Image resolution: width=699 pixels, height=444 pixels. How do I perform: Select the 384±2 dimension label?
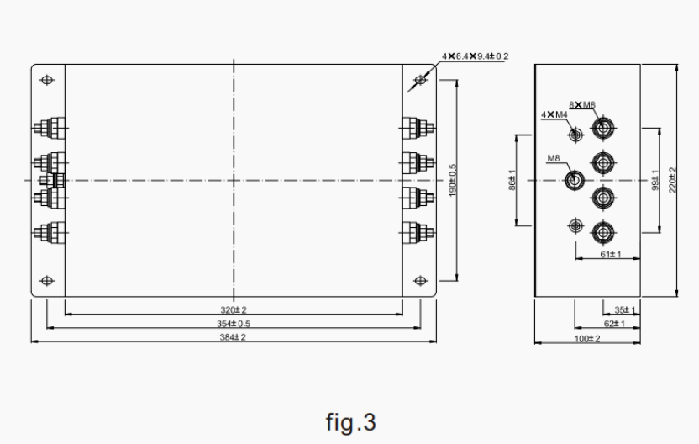pyautogui.click(x=234, y=337)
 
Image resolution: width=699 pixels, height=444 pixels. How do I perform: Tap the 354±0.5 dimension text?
pyautogui.click(x=234, y=323)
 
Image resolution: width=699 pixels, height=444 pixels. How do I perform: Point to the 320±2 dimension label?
pyautogui.click(x=234, y=309)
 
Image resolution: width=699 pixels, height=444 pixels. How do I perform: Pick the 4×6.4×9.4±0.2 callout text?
pyautogui.click(x=476, y=56)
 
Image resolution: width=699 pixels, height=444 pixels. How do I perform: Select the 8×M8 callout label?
pyautogui.click(x=582, y=104)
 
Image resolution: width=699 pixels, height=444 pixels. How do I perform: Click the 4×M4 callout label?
pyautogui.click(x=554, y=114)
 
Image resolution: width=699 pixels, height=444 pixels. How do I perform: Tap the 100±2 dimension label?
pyautogui.click(x=587, y=338)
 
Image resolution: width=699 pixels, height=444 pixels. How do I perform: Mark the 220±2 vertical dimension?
pyautogui.click(x=673, y=180)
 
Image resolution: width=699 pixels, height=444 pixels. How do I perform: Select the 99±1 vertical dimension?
pyautogui.click(x=655, y=180)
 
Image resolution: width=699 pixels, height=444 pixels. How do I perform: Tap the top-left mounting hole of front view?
pyautogui.click(x=47, y=80)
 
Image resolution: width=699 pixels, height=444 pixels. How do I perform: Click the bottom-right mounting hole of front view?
pyautogui.click(x=420, y=280)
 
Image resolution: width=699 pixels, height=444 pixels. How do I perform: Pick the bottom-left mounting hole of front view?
pyautogui.click(x=47, y=280)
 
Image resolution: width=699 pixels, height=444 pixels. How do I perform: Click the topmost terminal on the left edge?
pyautogui.click(x=42, y=129)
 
